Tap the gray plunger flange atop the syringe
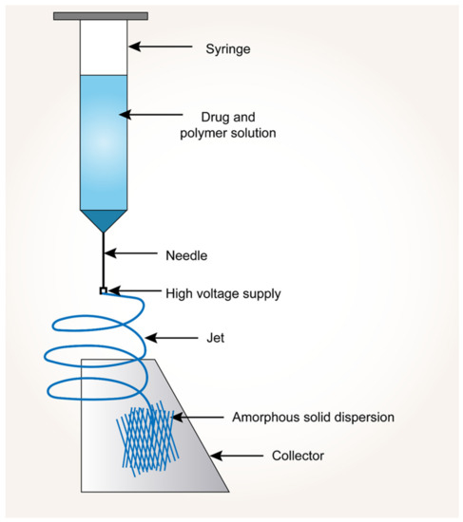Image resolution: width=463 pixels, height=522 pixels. (101, 16)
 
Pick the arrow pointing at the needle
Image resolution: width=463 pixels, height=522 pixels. (137, 253)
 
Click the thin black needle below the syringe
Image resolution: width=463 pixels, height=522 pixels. (104, 256)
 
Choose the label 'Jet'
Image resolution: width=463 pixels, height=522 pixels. (217, 336)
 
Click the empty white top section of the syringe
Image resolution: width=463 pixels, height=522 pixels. (104, 47)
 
